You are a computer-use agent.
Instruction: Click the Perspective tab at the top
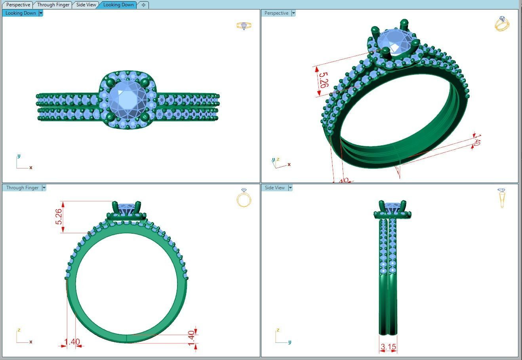pyautogui.click(x=18, y=5)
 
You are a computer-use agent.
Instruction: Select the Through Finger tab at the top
pyautogui.click(x=53, y=5)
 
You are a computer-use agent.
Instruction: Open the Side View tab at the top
pyautogui.click(x=86, y=5)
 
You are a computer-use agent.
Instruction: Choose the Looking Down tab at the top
pyautogui.click(x=118, y=5)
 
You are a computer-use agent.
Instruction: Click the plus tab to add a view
pyautogui.click(x=143, y=5)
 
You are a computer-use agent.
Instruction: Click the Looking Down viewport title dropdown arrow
pyautogui.click(x=41, y=13)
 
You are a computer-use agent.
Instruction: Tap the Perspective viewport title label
pyautogui.click(x=276, y=13)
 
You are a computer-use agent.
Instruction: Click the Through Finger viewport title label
pyautogui.click(x=22, y=188)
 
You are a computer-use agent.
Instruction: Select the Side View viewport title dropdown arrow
pyautogui.click(x=290, y=188)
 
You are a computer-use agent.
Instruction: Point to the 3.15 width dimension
pyautogui.click(x=388, y=347)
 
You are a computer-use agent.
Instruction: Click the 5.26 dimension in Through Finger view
pyautogui.click(x=59, y=217)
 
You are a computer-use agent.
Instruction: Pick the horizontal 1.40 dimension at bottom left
pyautogui.click(x=72, y=342)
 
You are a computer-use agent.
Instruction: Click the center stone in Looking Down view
pyautogui.click(x=127, y=99)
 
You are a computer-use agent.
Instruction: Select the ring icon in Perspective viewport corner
pyautogui.click(x=502, y=24)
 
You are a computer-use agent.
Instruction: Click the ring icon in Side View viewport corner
pyautogui.click(x=502, y=198)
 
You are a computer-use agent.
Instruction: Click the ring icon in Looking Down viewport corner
pyautogui.click(x=244, y=26)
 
